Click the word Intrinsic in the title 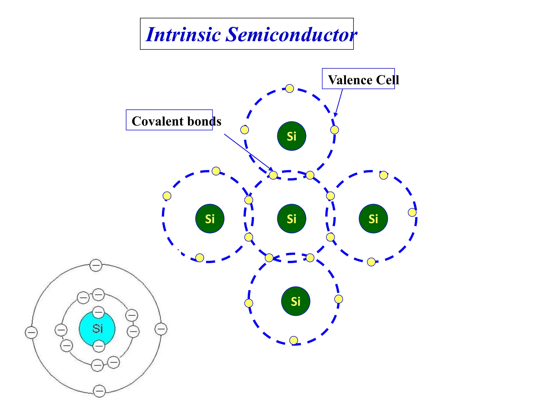point(183,34)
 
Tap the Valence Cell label point(363,80)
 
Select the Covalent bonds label point(176,121)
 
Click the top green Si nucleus point(291,136)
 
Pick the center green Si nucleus point(291,219)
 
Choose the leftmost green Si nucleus point(210,219)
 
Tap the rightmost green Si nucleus point(373,219)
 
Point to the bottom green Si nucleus point(295,301)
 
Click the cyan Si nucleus point(97,329)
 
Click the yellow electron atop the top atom point(290,89)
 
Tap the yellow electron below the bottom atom point(294,340)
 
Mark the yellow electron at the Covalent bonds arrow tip point(273,175)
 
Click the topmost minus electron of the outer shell point(96,265)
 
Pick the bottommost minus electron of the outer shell point(99,391)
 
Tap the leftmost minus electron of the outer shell point(31,333)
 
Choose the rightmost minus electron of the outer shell point(161,329)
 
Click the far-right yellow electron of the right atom point(412,212)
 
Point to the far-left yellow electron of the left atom point(167,196)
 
